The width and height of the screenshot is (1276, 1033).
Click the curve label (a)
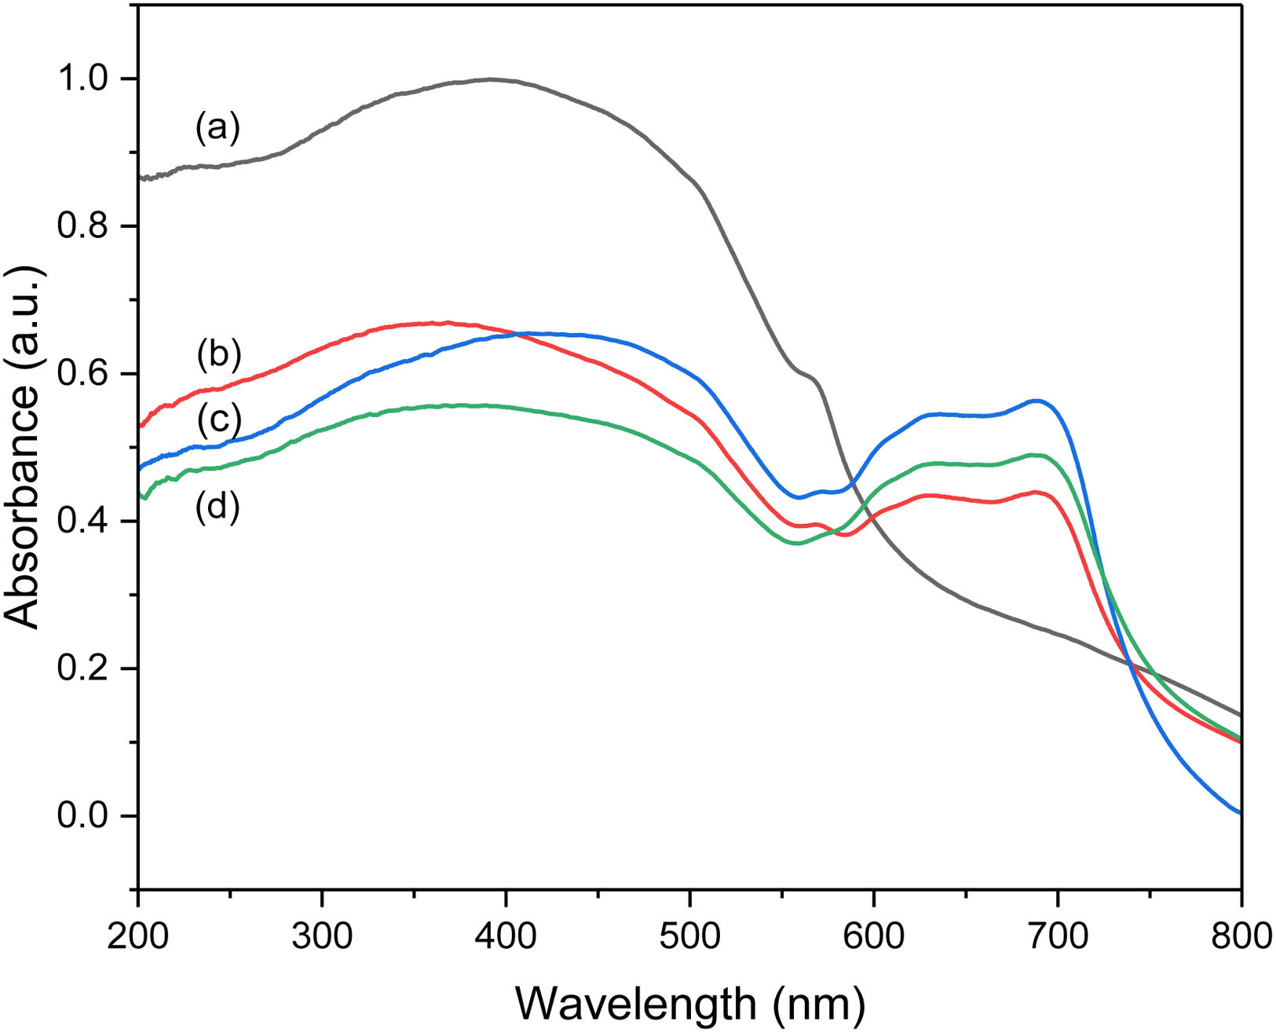(218, 128)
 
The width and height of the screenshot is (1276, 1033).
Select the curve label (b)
(218, 354)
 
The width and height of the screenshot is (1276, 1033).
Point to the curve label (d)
(218, 507)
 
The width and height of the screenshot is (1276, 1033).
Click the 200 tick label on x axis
(138, 936)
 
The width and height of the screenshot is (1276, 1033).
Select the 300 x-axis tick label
(322, 936)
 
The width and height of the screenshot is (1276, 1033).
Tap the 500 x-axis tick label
(689, 936)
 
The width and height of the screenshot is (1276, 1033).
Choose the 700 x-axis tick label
(1057, 936)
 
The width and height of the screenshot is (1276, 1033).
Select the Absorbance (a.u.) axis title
(24, 448)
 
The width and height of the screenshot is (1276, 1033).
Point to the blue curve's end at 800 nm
(1240, 813)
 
